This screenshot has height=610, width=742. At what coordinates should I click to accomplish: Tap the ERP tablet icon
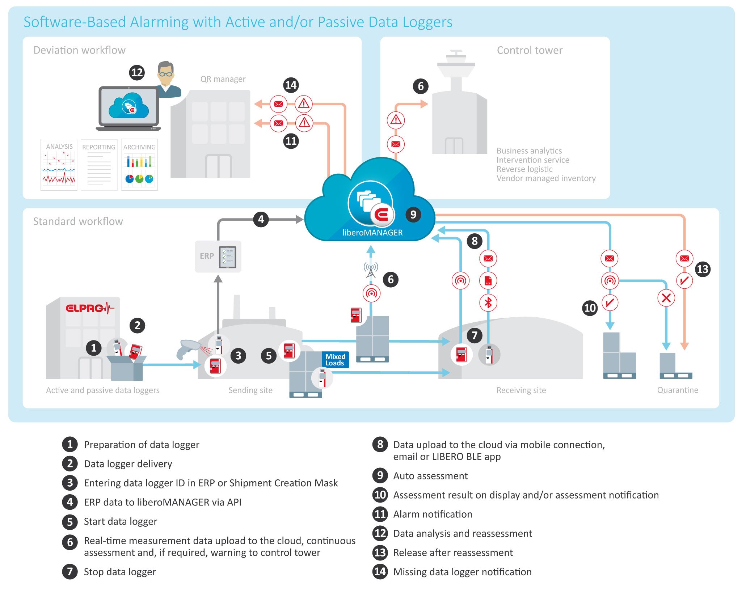pos(228,257)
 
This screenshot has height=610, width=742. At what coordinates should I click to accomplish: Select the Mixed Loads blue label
pos(335,360)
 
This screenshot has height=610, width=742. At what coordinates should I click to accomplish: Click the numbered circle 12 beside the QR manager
pos(137,73)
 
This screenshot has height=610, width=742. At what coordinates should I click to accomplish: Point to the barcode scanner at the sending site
pos(187,349)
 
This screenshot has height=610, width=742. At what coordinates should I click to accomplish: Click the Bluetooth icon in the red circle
pos(488,302)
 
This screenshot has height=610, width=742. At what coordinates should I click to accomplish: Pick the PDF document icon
pos(488,280)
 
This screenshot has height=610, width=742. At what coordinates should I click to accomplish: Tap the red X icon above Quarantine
pos(666,298)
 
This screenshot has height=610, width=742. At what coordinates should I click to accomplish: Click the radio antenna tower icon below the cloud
pos(371,270)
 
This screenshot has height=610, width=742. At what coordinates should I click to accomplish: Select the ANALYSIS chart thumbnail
pos(59,165)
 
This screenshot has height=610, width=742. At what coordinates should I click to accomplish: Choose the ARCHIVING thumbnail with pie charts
pos(139,165)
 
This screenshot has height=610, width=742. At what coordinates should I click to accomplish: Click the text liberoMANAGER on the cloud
pos(372,233)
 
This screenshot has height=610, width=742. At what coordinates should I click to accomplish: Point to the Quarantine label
pos(678,390)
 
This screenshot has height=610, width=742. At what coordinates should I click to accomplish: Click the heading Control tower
pos(530,50)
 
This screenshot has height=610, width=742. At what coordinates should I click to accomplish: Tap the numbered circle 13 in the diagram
pos(703,269)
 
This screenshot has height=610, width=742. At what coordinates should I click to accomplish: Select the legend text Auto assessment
pos(430,476)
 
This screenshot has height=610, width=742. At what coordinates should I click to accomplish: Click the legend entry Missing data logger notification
pos(462,572)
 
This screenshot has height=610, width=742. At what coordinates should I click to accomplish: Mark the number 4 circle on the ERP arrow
pos(261,219)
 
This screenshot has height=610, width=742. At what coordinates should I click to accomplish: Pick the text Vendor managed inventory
pos(546,178)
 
